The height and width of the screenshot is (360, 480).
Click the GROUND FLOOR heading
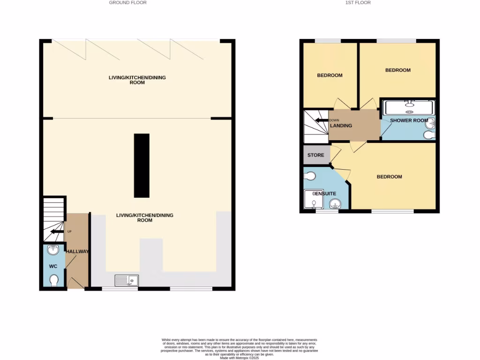click(x=127, y=3)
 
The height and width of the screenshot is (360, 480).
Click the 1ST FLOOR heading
click(x=358, y=3)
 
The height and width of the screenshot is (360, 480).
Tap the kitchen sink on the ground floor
click(x=127, y=280)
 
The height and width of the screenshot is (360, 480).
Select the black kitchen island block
click(x=142, y=165)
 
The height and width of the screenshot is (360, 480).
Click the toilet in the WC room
click(x=54, y=280)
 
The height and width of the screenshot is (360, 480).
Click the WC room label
click(x=53, y=266)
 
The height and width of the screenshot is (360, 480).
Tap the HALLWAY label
click(x=77, y=252)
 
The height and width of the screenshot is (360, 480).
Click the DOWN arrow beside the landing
click(x=322, y=120)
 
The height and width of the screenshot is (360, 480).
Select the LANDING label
click(x=341, y=126)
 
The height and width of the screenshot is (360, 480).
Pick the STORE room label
click(x=315, y=155)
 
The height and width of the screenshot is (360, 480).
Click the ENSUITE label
click(x=324, y=193)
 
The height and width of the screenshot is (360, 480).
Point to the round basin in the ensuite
click(x=335, y=203)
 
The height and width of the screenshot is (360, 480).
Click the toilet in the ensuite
click(x=309, y=176)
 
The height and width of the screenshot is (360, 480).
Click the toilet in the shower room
click(x=428, y=135)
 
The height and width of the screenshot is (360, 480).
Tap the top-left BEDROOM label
click(x=330, y=75)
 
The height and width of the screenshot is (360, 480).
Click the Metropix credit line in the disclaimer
click(x=239, y=358)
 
